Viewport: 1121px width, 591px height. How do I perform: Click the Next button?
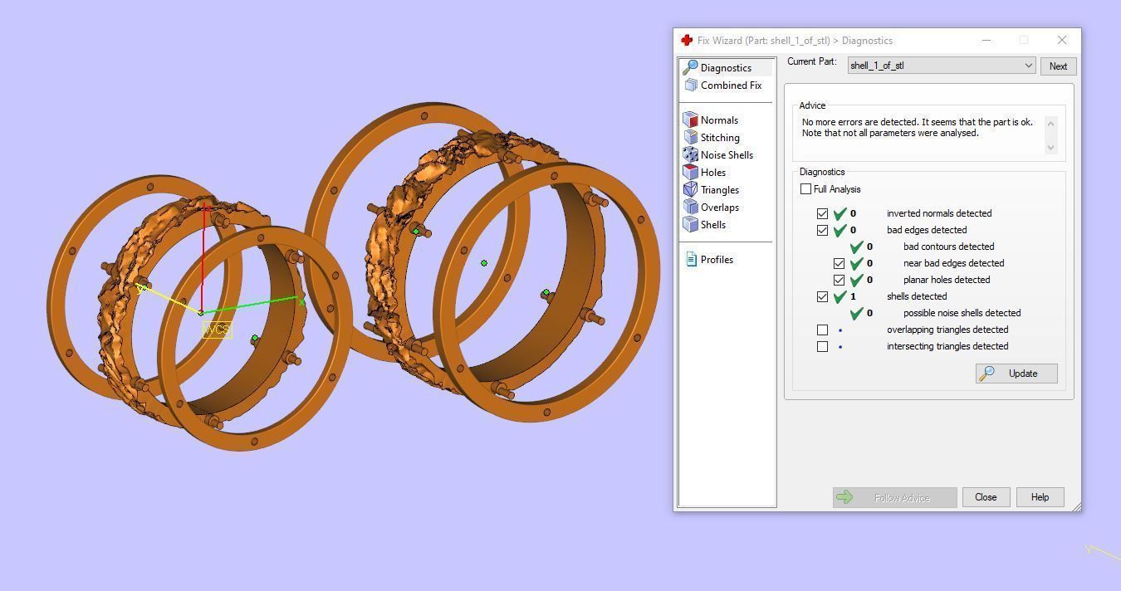pyautogui.click(x=1058, y=66)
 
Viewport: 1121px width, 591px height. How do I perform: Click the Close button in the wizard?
pyautogui.click(x=986, y=497)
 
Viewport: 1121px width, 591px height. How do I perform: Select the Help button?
pyautogui.click(x=1040, y=497)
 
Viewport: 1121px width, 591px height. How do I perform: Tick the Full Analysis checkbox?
pyautogui.click(x=805, y=189)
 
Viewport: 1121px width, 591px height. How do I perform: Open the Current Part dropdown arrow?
pyautogui.click(x=1028, y=66)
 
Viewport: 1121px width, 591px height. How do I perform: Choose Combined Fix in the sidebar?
pyautogui.click(x=730, y=85)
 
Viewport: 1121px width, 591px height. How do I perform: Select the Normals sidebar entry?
pyautogui.click(x=718, y=120)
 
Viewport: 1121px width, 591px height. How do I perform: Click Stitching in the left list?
pyautogui.click(x=719, y=138)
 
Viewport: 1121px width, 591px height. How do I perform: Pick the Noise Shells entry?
pyautogui.click(x=726, y=155)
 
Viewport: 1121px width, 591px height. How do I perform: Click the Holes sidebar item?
pyautogui.click(x=712, y=173)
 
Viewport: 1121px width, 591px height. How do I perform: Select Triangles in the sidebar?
pyautogui.click(x=719, y=190)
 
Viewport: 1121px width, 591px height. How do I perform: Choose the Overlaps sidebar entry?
pyautogui.click(x=719, y=208)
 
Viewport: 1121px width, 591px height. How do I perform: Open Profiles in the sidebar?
pyautogui.click(x=716, y=260)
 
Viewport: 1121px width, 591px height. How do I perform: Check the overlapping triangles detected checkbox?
pyautogui.click(x=822, y=330)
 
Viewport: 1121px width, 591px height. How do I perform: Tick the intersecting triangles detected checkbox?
pyautogui.click(x=822, y=346)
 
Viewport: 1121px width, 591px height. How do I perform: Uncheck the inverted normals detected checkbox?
pyautogui.click(x=822, y=213)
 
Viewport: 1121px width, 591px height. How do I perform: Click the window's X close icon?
pyautogui.click(x=1062, y=40)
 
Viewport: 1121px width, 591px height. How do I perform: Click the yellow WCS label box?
pyautogui.click(x=217, y=330)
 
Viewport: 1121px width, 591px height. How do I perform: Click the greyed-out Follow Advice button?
pyautogui.click(x=894, y=497)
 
